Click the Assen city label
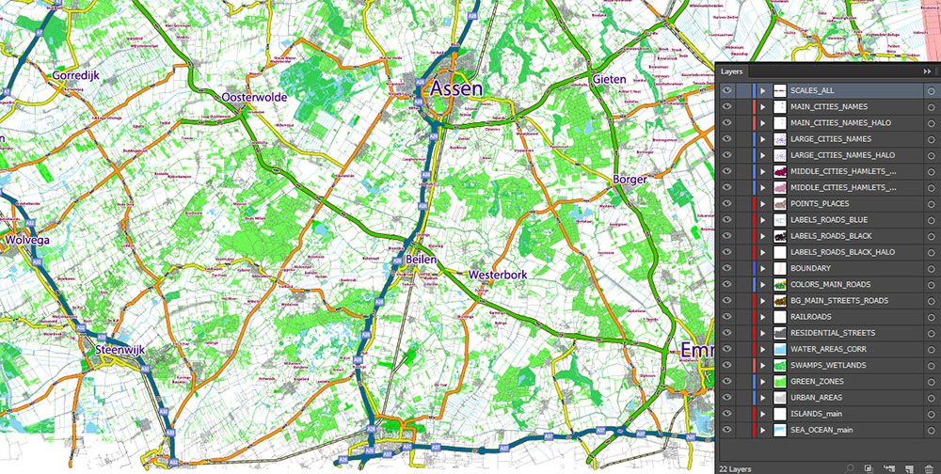tap(456, 89)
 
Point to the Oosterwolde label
tap(256, 97)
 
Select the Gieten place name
tap(609, 80)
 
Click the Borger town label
tap(630, 179)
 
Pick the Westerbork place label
tap(497, 275)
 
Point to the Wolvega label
tap(26, 240)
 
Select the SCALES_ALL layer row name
tap(812, 91)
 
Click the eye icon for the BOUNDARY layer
tap(726, 268)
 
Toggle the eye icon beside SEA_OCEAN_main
tap(726, 430)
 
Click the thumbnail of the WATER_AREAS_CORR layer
tap(779, 349)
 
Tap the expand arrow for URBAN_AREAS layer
tap(764, 398)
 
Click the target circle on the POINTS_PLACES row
tap(930, 204)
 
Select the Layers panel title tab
tap(733, 71)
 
